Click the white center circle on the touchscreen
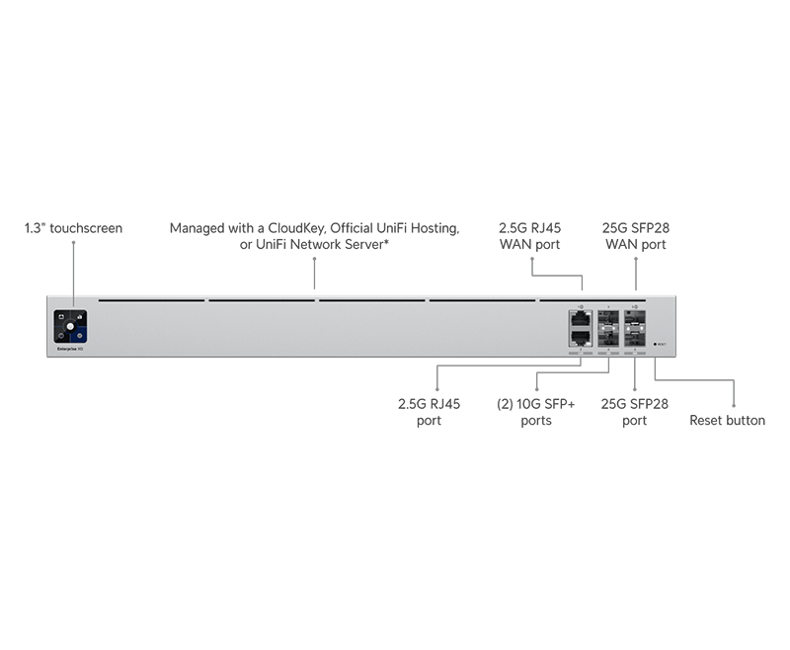(70, 325)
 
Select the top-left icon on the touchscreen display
(61, 316)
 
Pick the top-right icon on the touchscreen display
(80, 316)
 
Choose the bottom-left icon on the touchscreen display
(61, 334)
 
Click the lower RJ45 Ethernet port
(580, 336)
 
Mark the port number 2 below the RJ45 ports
(580, 347)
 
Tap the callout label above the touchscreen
(74, 229)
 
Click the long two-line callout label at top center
(316, 235)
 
